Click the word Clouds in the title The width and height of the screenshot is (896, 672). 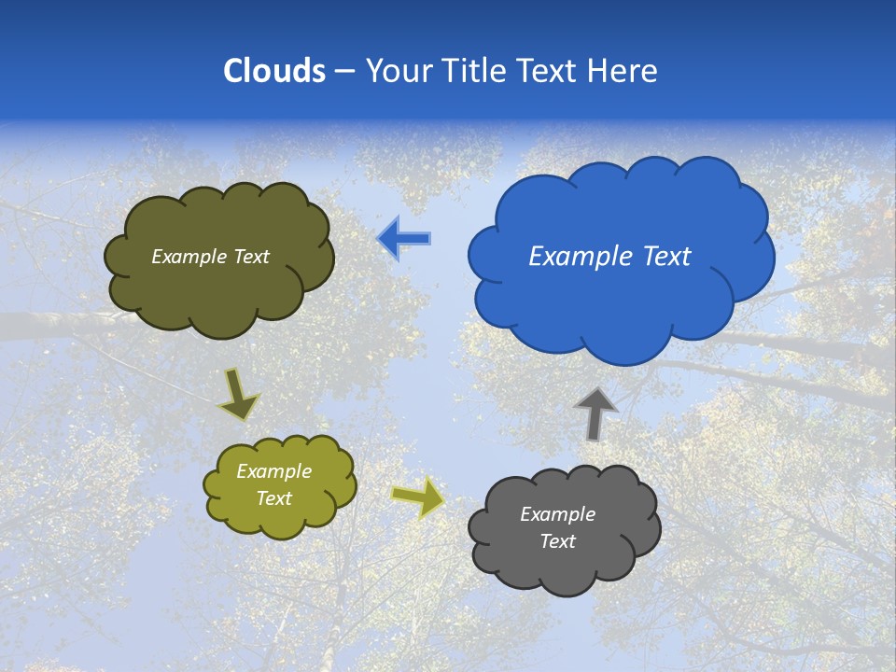tap(274, 71)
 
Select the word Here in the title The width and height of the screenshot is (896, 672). tap(624, 71)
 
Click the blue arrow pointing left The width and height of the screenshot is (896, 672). tap(405, 239)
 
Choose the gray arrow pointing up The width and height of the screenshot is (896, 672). tap(595, 413)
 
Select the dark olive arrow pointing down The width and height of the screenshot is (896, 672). tap(237, 394)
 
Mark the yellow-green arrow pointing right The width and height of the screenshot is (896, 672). tap(419, 497)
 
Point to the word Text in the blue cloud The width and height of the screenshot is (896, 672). tap(666, 257)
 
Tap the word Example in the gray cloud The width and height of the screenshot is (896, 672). tap(557, 514)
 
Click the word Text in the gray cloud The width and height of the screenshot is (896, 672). tap(557, 541)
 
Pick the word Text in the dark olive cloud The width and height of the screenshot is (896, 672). tap(251, 257)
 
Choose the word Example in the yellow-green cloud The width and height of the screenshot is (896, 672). tap(273, 471)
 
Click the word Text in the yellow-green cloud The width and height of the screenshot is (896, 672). tap(273, 498)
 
